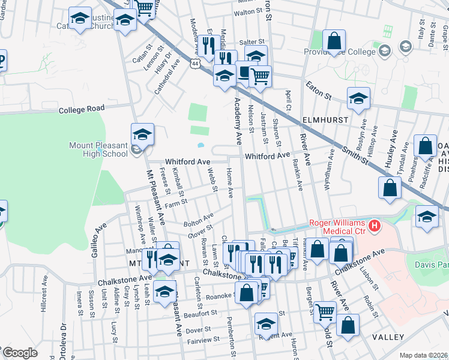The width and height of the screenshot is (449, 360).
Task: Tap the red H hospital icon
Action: click(375, 226)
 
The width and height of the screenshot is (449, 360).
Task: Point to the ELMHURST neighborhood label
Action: click(325, 120)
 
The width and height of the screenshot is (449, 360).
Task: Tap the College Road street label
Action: click(82, 110)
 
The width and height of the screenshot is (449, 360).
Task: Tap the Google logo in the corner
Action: click(20, 353)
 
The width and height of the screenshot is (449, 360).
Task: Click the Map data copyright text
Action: click(423, 355)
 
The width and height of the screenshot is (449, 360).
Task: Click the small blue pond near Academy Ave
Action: click(200, 145)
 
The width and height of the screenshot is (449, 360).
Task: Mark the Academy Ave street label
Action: click(238, 125)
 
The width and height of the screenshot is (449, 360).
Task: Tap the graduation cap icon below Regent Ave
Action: click(267, 325)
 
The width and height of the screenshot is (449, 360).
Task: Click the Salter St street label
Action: click(252, 41)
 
